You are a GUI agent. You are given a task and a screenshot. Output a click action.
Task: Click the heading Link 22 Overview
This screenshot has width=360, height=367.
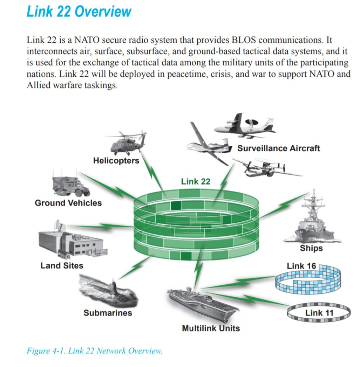tap(79, 12)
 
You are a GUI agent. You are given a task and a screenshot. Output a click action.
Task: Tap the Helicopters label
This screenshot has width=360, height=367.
tap(116, 160)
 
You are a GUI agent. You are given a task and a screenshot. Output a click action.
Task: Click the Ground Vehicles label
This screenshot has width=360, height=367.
tap(68, 203)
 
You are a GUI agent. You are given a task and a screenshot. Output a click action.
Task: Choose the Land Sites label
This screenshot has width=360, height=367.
tap(62, 265)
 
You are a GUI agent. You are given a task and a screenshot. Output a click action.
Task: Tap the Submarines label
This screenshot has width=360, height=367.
tap(108, 312)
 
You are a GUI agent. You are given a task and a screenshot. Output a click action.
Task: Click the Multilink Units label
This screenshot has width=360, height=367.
tap(211, 328)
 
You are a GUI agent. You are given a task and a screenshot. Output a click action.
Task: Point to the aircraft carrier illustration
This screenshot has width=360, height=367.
tap(202, 301)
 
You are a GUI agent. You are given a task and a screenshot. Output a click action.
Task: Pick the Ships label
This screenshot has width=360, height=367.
tap(311, 248)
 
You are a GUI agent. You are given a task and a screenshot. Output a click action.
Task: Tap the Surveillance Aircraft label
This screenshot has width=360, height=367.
tap(278, 148)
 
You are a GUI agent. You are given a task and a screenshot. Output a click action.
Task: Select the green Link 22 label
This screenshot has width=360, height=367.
tap(196, 181)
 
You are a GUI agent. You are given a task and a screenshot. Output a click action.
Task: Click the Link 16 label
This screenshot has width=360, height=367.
tap(301, 266)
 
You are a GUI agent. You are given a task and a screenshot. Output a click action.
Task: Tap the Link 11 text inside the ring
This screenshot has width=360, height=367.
tap(319, 312)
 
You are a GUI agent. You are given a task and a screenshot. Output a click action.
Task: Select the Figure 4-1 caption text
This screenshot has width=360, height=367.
tap(94, 351)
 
